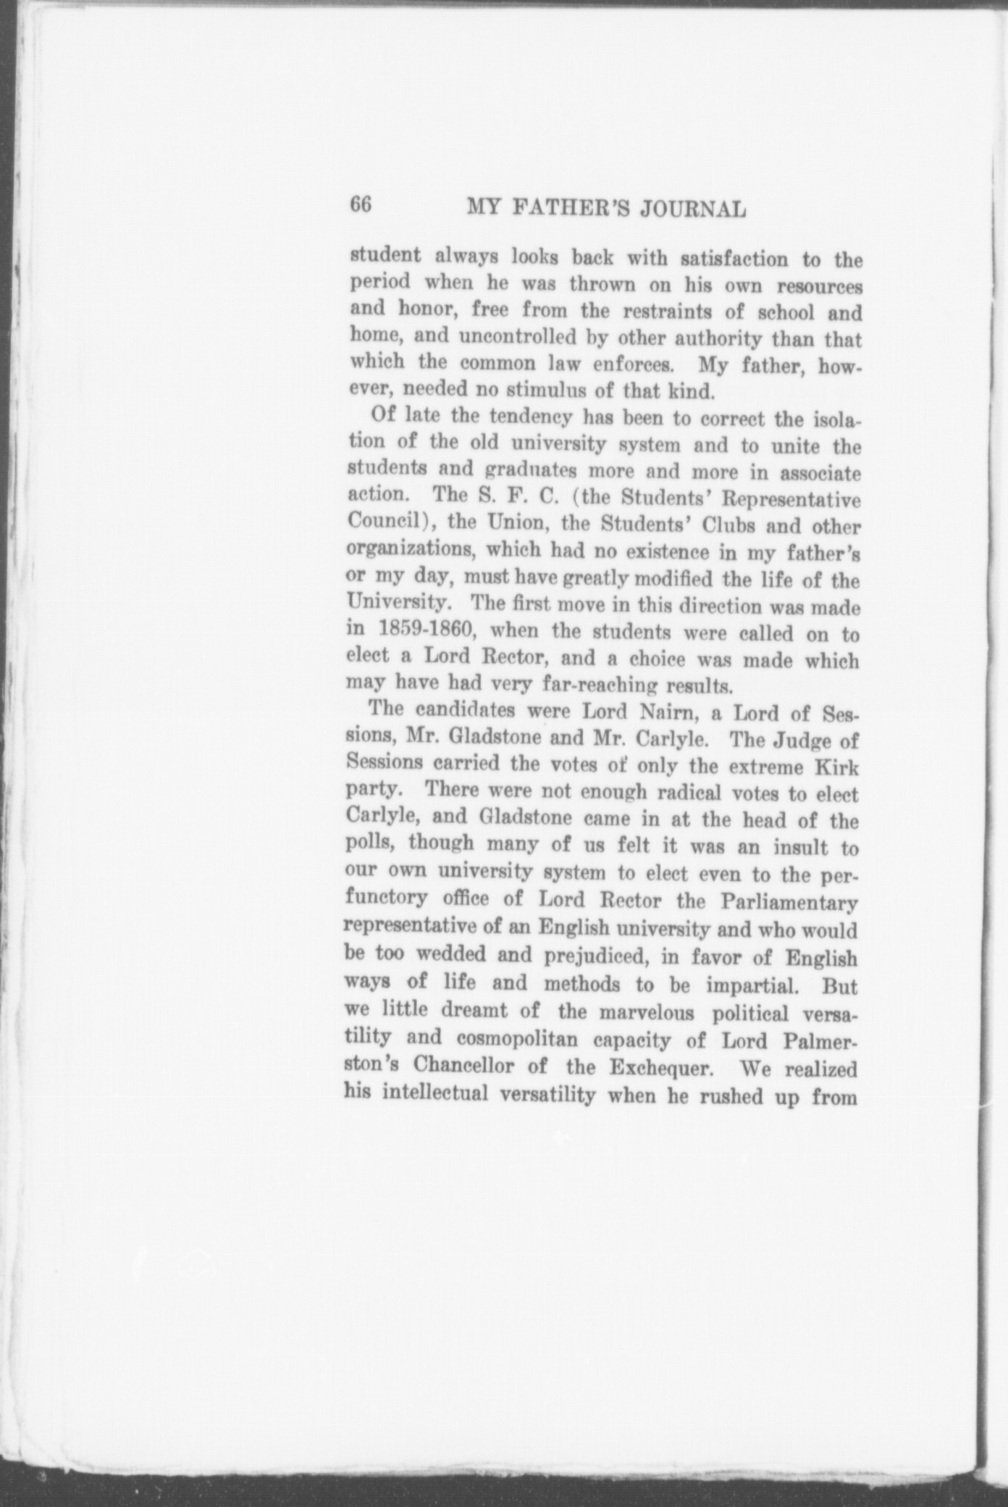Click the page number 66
tap(361, 205)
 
